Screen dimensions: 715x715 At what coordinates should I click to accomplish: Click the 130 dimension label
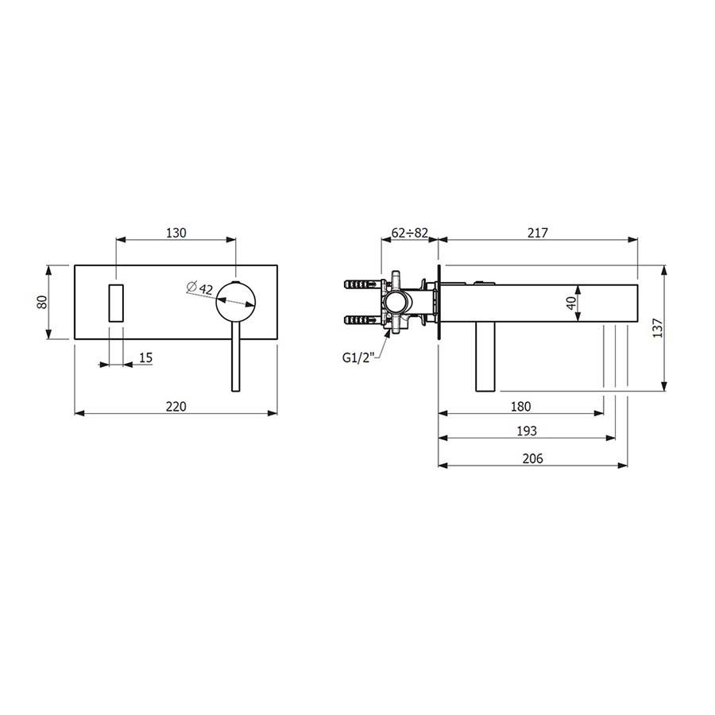click(x=176, y=233)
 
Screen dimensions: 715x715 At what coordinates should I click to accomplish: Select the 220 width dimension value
click(x=176, y=406)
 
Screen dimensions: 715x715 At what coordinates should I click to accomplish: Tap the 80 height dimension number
click(x=42, y=302)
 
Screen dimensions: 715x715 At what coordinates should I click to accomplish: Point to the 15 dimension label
click(x=145, y=357)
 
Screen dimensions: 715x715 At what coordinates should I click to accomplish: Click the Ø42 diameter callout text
click(x=199, y=288)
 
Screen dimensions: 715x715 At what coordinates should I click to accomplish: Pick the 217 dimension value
click(x=538, y=233)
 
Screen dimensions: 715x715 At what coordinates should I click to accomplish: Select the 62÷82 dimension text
click(x=410, y=233)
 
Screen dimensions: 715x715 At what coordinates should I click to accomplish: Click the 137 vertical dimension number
click(x=658, y=327)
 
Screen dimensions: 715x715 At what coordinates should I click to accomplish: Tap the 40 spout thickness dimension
click(x=571, y=303)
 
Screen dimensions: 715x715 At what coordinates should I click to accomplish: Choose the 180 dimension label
click(x=520, y=406)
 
